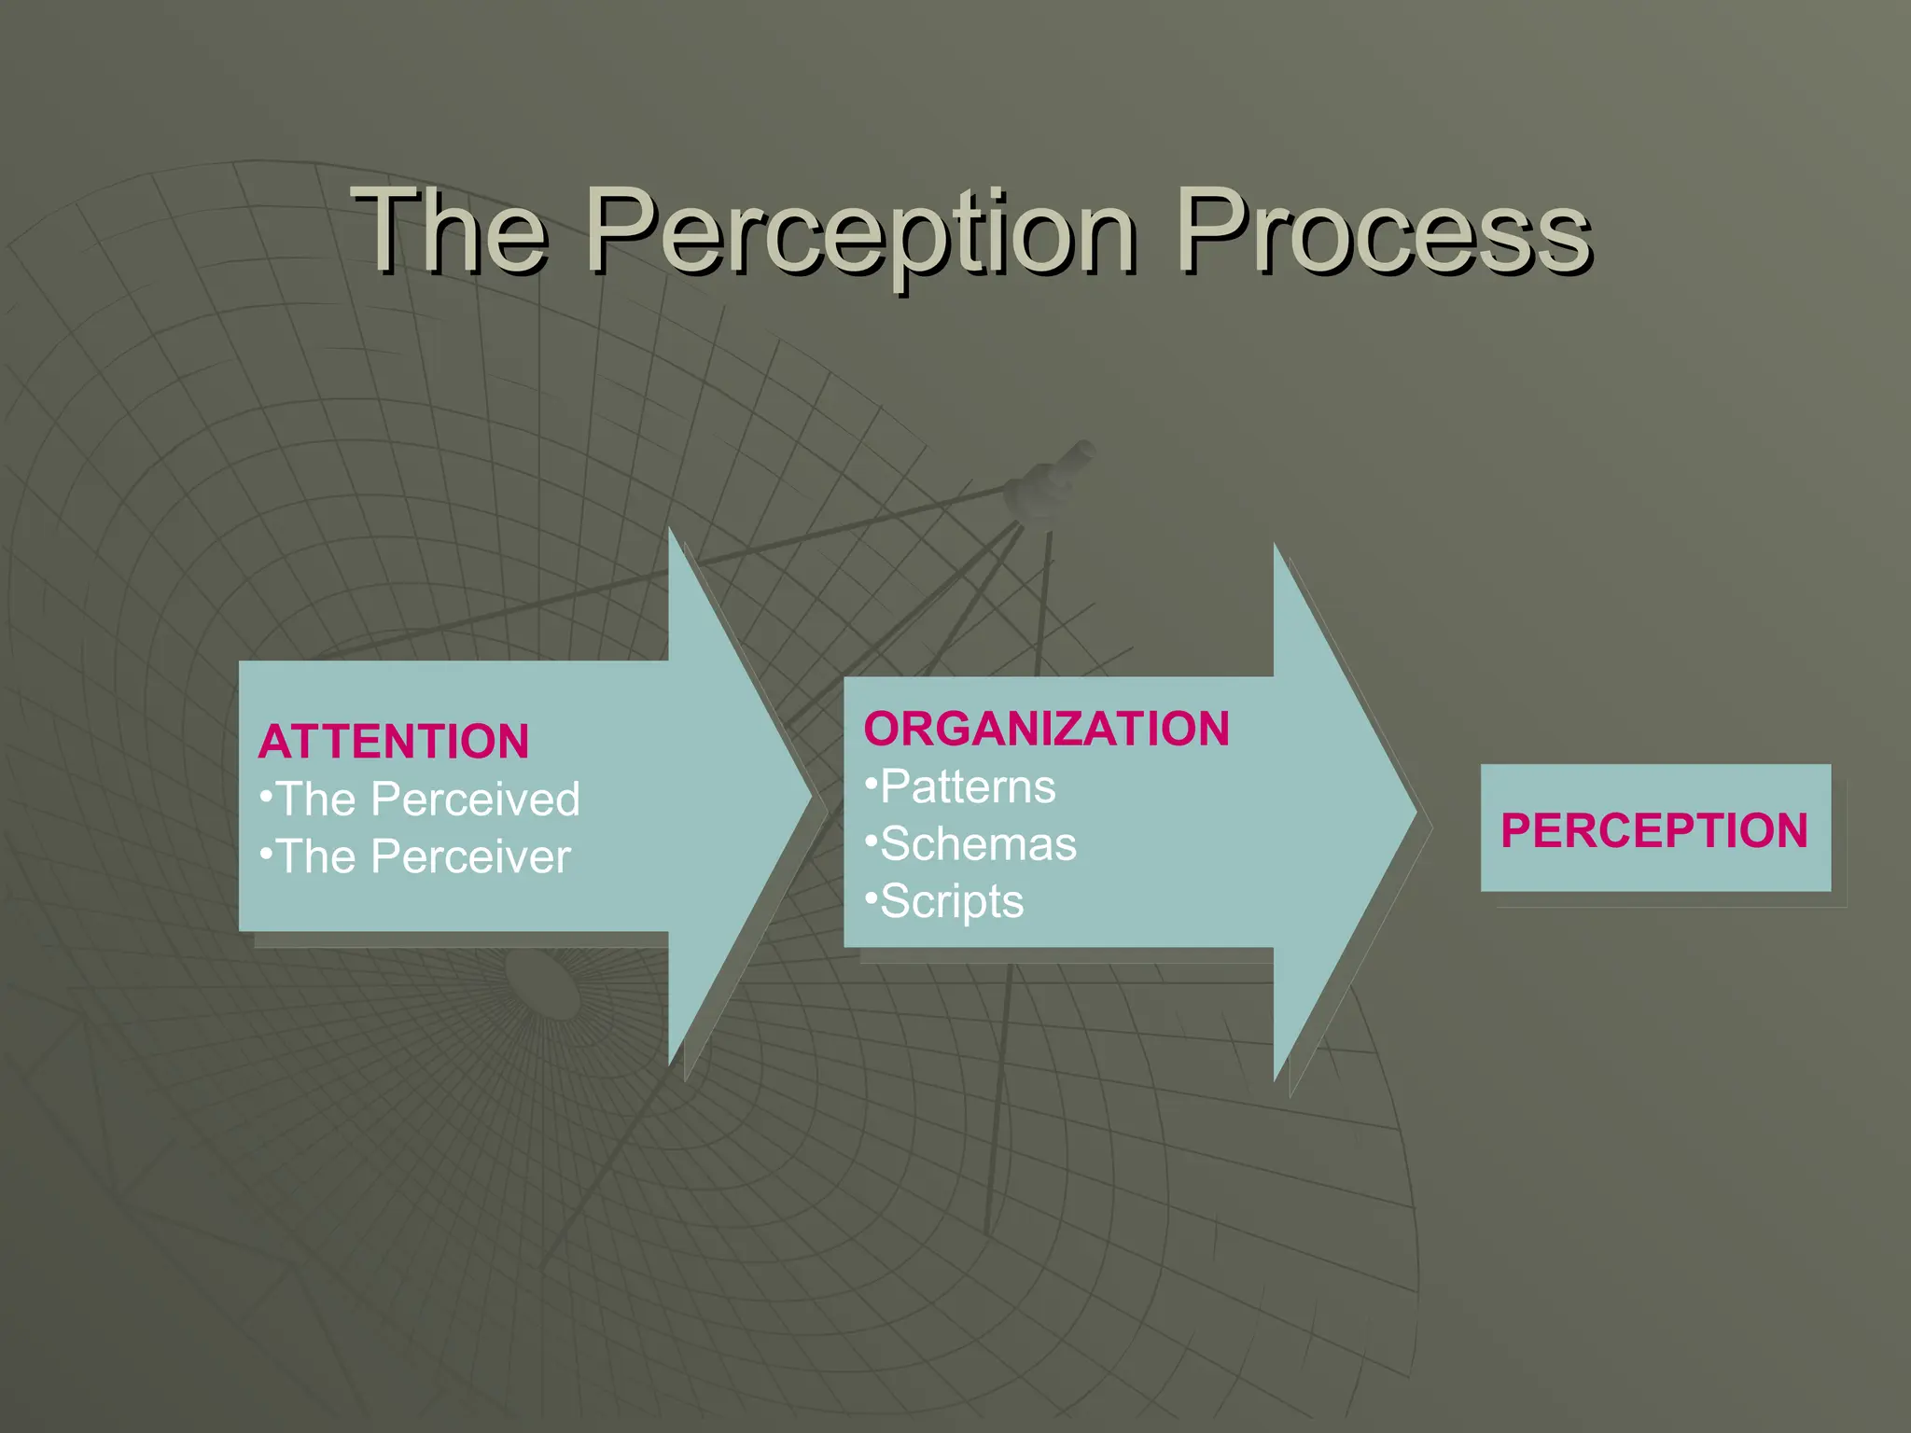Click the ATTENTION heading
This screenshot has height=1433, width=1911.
[394, 743]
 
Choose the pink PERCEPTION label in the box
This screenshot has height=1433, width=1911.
[1654, 830]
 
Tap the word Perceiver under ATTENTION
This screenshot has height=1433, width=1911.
[470, 857]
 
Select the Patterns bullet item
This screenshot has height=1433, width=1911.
[968, 787]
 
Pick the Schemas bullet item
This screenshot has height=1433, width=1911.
[978, 844]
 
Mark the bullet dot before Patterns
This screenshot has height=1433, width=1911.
[871, 782]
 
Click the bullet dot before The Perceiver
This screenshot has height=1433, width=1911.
[266, 853]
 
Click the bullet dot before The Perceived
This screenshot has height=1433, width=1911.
[266, 795]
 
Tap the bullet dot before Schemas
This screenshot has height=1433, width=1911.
[871, 840]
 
